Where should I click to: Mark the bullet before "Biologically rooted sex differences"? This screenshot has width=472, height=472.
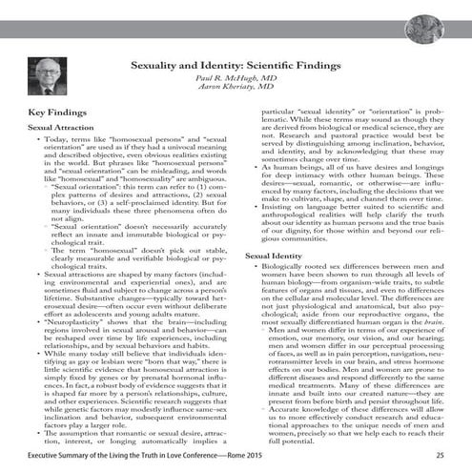255,271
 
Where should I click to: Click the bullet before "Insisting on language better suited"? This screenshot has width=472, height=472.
255,206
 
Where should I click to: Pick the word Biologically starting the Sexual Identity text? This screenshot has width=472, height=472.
285,271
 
